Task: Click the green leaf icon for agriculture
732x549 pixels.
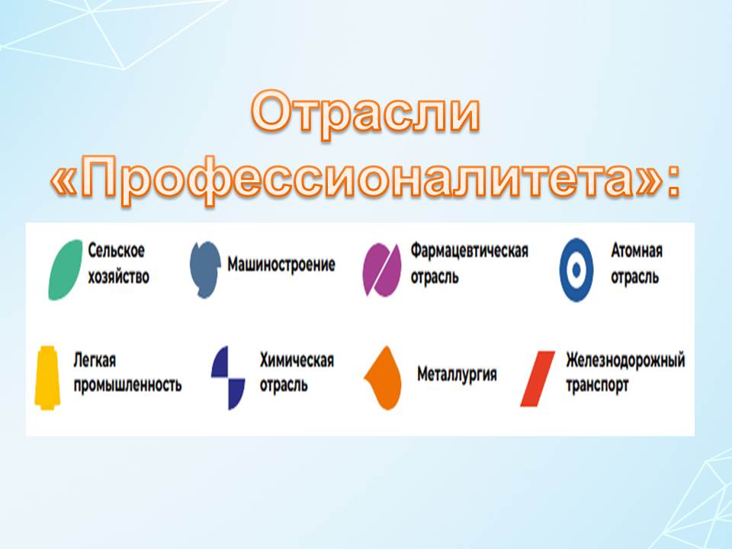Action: pyautogui.click(x=66, y=269)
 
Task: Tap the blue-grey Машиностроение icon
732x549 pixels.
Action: pyautogui.click(x=205, y=269)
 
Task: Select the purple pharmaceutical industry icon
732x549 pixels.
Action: pyautogui.click(x=382, y=270)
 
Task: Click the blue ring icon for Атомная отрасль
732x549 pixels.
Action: pyautogui.click(x=576, y=270)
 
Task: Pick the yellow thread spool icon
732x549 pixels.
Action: pyautogui.click(x=47, y=377)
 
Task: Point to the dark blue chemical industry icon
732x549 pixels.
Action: pyautogui.click(x=228, y=377)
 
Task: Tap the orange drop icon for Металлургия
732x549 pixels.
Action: pyautogui.click(x=384, y=377)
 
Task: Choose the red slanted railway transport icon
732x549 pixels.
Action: pyautogui.click(x=538, y=379)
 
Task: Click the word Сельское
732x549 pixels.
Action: pyautogui.click(x=116, y=251)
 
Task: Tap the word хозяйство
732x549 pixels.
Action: pyautogui.click(x=119, y=277)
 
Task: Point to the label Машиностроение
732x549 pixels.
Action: pyautogui.click(x=281, y=265)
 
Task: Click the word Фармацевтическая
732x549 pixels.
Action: pyautogui.click(x=470, y=251)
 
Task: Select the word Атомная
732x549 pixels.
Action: pyautogui.click(x=637, y=251)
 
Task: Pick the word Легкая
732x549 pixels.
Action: pyautogui.click(x=95, y=361)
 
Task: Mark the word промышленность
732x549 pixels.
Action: pyautogui.click(x=127, y=385)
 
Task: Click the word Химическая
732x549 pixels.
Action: pyautogui.click(x=297, y=361)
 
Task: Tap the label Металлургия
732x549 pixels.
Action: pyautogui.click(x=457, y=374)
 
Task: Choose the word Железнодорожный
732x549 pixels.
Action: pyautogui.click(x=625, y=361)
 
